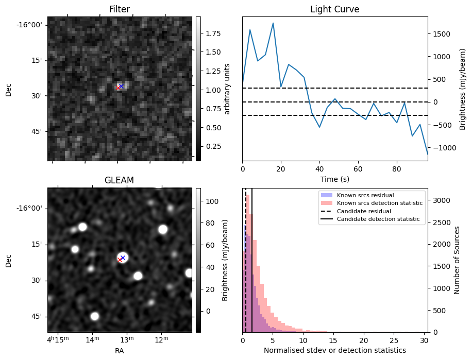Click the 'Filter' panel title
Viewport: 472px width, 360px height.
click(120, 9)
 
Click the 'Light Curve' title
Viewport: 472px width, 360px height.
click(334, 9)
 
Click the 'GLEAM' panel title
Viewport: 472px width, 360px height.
click(119, 180)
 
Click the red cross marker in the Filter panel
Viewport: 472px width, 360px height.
click(118, 88)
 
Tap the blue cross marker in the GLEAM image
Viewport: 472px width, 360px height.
click(123, 257)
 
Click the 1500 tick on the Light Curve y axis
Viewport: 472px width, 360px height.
click(443, 34)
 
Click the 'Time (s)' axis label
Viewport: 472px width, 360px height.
click(334, 178)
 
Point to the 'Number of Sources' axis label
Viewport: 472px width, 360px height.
click(457, 260)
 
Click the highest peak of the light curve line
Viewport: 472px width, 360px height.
click(273, 23)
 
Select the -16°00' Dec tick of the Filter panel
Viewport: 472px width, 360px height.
click(32, 25)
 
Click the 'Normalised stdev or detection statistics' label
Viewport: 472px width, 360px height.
click(334, 350)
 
